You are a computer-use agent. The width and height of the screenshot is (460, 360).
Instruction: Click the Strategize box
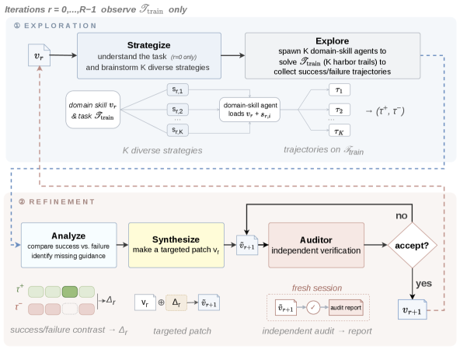pyautogui.click(x=149, y=56)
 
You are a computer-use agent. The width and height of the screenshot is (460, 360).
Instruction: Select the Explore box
pyautogui.click(x=333, y=56)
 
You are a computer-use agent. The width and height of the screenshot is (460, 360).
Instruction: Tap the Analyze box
pyautogui.click(x=68, y=245)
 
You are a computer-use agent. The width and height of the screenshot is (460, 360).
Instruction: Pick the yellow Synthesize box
pyautogui.click(x=176, y=245)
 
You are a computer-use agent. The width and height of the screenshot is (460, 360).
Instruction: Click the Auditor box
pyautogui.click(x=316, y=245)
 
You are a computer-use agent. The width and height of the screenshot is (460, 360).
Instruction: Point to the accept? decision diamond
pyautogui.click(x=412, y=245)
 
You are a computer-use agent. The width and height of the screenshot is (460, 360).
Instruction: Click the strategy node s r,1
pyautogui.click(x=178, y=89)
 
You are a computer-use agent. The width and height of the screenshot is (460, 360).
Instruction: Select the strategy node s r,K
pyautogui.click(x=178, y=130)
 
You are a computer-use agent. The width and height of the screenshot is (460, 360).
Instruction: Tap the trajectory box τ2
pyautogui.click(x=340, y=110)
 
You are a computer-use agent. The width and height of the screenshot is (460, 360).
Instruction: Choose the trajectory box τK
pyautogui.click(x=340, y=131)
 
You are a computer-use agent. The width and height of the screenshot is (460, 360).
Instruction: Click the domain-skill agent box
pyautogui.click(x=249, y=110)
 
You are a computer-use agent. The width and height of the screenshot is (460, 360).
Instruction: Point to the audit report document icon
pyautogui.click(x=346, y=307)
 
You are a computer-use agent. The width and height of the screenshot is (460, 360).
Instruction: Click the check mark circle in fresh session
pyautogui.click(x=313, y=307)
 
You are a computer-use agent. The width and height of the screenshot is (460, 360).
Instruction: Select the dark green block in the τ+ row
pyautogui.click(x=70, y=292)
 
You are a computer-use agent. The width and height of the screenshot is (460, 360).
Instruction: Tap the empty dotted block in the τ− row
pyautogui.click(x=70, y=309)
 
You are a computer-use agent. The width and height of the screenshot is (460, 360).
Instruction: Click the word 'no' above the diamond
pyautogui.click(x=401, y=216)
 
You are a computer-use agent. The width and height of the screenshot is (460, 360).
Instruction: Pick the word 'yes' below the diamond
pyautogui.click(x=423, y=284)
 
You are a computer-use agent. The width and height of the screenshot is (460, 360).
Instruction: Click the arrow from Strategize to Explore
pyautogui.click(x=233, y=55)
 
